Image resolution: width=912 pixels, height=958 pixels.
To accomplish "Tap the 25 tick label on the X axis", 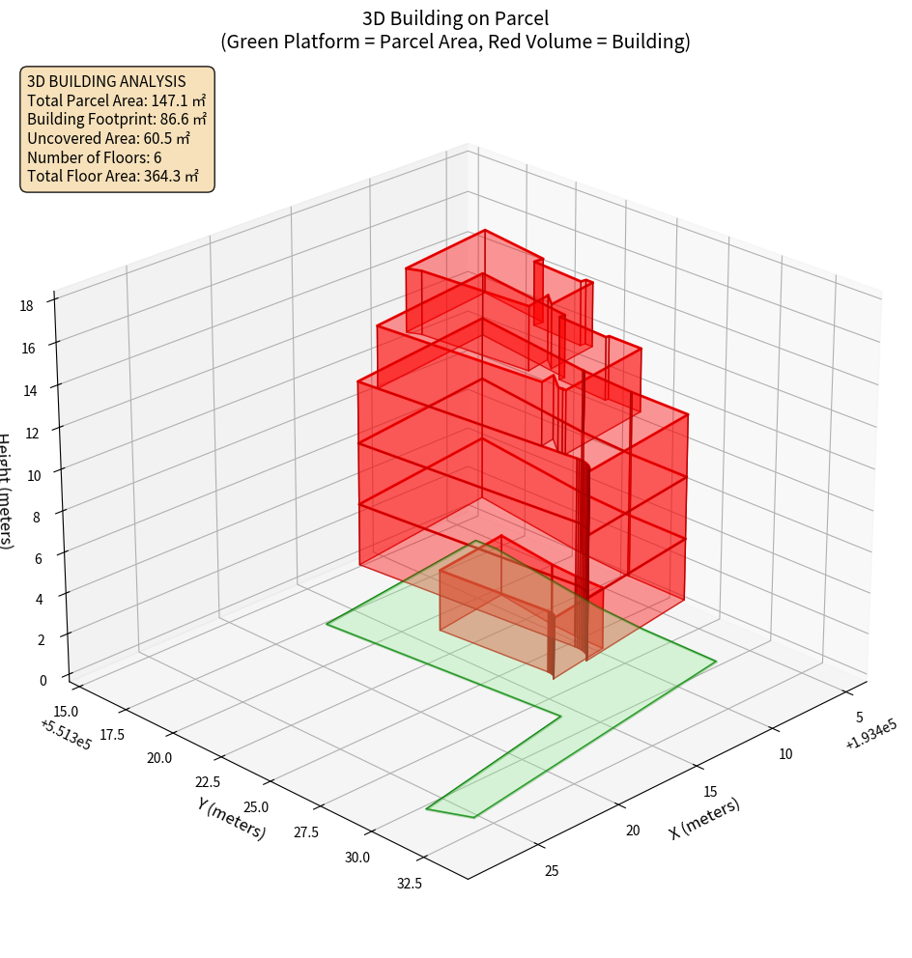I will (x=552, y=871).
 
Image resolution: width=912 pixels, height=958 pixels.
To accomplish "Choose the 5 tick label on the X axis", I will (x=859, y=718).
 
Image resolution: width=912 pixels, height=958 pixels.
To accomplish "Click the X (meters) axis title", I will (x=704, y=819).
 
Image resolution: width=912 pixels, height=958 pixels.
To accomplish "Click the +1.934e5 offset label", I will (x=870, y=736).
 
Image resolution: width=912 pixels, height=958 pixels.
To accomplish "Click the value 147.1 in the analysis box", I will (x=171, y=100).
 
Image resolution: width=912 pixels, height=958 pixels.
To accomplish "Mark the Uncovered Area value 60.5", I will (x=166, y=138).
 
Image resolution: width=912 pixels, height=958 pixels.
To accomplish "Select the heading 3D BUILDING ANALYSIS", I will (x=106, y=81).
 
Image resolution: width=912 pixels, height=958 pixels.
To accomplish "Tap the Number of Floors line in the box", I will (x=95, y=157).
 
